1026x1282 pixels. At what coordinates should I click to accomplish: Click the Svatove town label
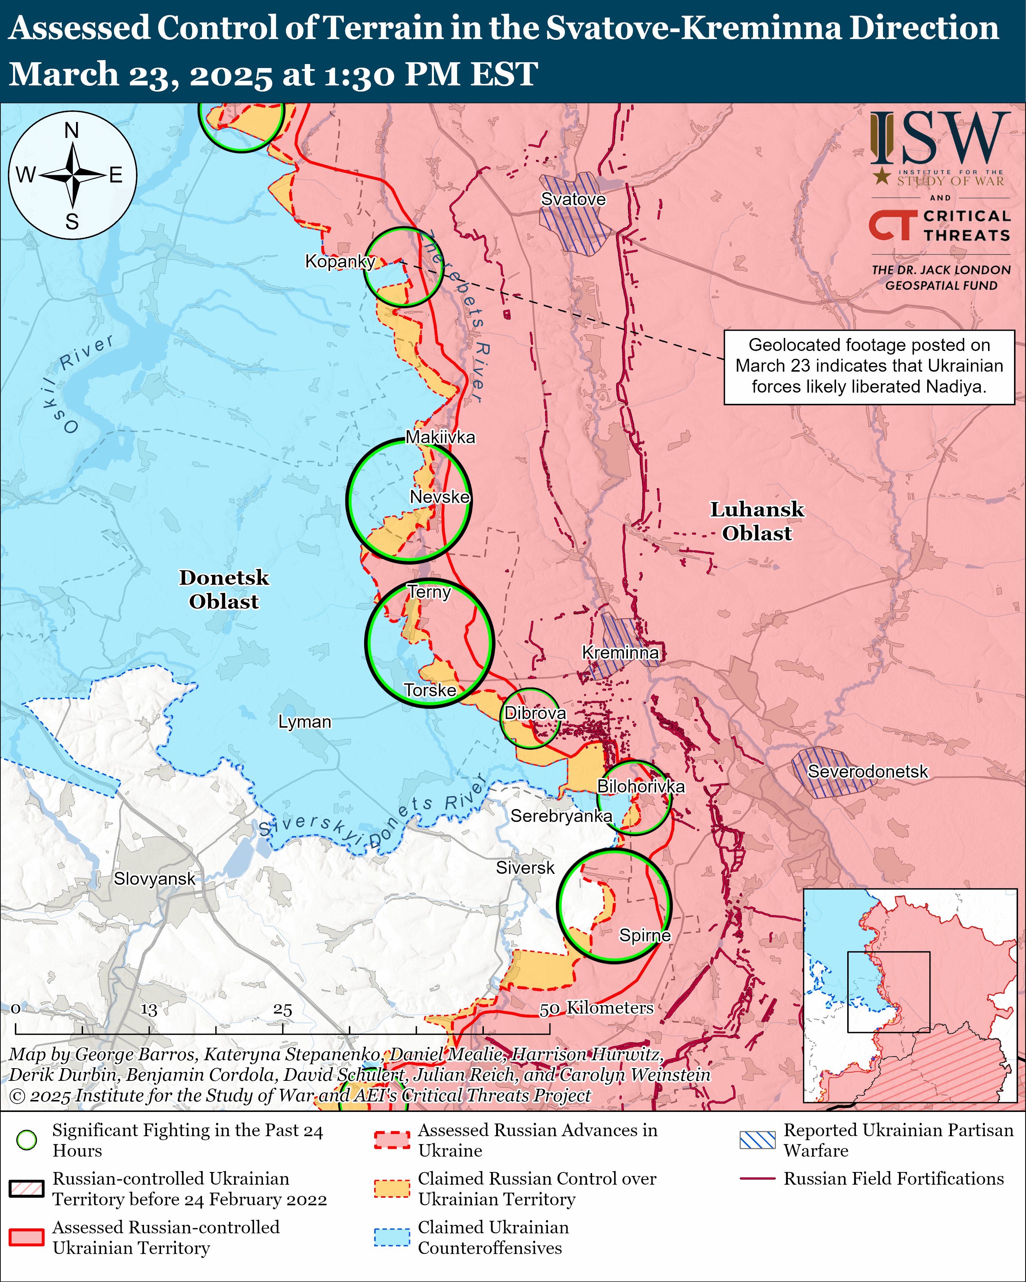pos(573,199)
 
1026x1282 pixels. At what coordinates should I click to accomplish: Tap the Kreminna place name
pos(620,652)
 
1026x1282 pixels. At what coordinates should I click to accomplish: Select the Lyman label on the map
pos(304,722)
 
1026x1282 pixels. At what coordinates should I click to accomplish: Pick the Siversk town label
pos(525,868)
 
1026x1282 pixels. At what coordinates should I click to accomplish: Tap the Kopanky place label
pos(339,261)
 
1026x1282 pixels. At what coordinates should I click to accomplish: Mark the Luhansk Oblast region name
pos(757,521)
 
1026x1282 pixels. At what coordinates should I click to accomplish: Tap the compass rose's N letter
pos(72,130)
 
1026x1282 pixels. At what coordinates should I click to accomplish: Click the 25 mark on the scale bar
pos(283,1009)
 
